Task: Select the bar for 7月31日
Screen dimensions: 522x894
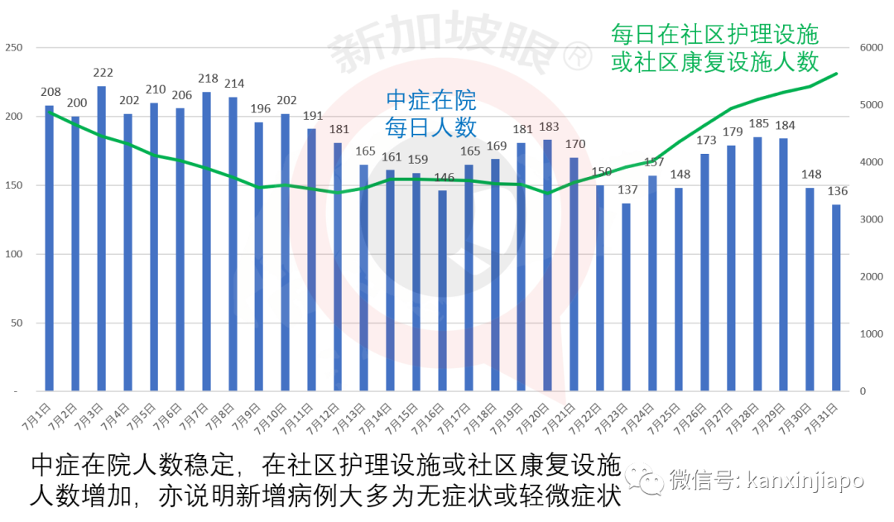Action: click(x=836, y=298)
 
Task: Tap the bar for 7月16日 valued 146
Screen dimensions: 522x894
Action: click(x=442, y=290)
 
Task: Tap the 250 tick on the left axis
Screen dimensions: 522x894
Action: click(x=13, y=48)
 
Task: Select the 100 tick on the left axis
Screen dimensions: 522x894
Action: click(x=13, y=254)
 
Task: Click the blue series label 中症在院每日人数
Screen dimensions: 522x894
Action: click(x=431, y=114)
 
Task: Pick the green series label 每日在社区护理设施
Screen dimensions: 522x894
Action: click(x=714, y=35)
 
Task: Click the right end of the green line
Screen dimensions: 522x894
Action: click(x=837, y=73)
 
